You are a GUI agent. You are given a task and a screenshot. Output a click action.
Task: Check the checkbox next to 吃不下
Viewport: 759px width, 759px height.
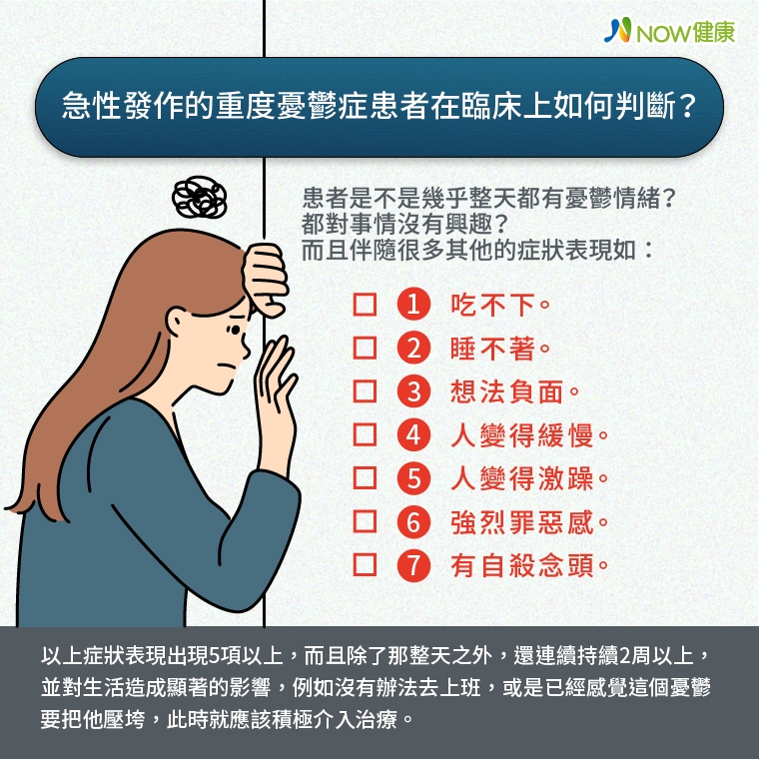click(366, 305)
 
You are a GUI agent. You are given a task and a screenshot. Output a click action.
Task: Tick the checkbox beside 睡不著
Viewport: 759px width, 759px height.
click(366, 349)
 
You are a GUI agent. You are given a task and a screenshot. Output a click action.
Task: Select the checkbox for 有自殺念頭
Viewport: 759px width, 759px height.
click(366, 565)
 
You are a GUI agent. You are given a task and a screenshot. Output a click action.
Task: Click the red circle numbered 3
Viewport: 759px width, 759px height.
click(413, 392)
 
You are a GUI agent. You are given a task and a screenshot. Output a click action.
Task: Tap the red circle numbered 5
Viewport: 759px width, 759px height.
click(413, 478)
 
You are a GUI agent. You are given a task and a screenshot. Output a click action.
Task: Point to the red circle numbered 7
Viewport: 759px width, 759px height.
click(413, 565)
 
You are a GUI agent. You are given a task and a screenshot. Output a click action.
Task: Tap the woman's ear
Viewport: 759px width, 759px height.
click(182, 322)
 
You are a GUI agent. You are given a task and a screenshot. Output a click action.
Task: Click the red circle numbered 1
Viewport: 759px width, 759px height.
click(413, 305)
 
